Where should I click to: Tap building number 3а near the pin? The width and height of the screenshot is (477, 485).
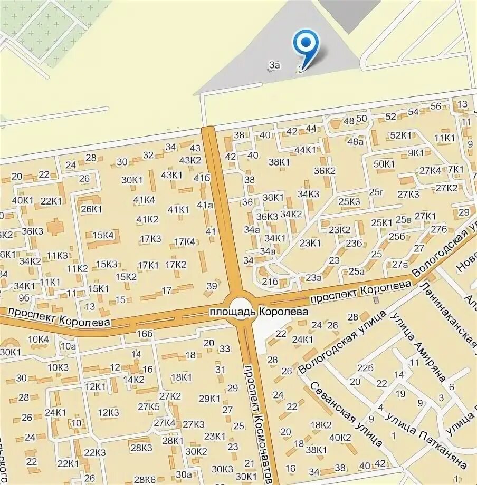273,65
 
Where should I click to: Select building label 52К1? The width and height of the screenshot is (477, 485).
400,135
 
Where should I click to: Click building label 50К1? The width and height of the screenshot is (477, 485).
384,163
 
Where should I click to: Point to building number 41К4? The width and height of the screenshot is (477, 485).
144,199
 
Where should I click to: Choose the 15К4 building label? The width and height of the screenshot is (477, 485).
103,235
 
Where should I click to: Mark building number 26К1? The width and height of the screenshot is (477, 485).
92,209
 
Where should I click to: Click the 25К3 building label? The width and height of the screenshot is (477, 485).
349,201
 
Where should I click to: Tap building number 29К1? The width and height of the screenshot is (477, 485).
209,398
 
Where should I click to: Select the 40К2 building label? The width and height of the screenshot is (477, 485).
340,437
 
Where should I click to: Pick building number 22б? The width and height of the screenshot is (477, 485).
365,367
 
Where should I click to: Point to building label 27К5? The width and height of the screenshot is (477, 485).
149,406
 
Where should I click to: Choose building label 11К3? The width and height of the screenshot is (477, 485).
58,256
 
